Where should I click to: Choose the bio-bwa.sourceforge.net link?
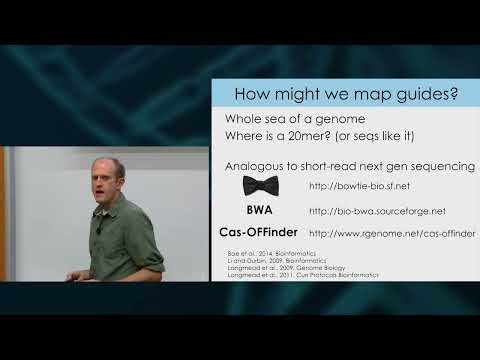click(377, 211)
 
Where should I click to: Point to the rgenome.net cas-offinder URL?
click(392, 234)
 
